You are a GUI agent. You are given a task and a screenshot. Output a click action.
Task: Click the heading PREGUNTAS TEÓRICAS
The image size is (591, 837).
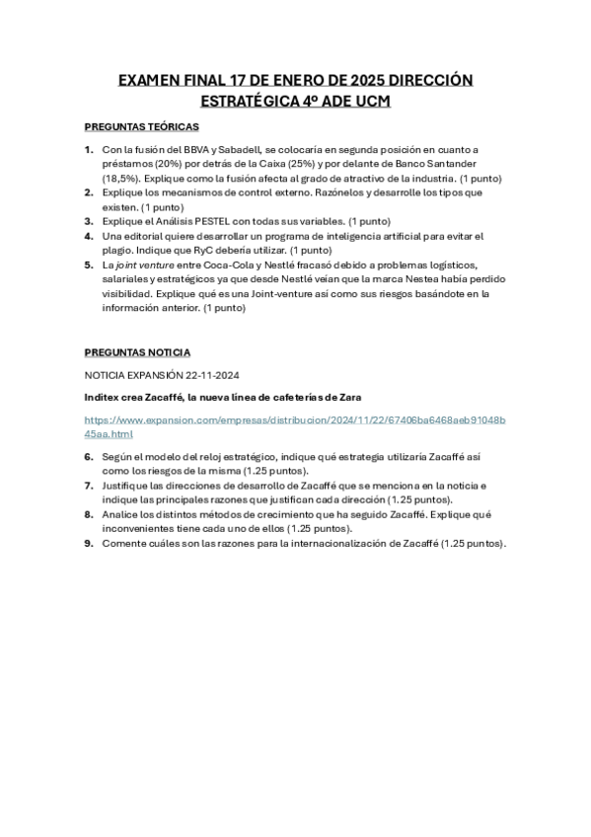141,127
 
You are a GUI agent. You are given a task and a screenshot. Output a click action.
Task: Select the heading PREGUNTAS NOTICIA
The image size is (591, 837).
137,351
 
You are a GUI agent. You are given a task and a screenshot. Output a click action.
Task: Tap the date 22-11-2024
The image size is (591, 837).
210,375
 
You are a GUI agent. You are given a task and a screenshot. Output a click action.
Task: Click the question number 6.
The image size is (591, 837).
88,457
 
